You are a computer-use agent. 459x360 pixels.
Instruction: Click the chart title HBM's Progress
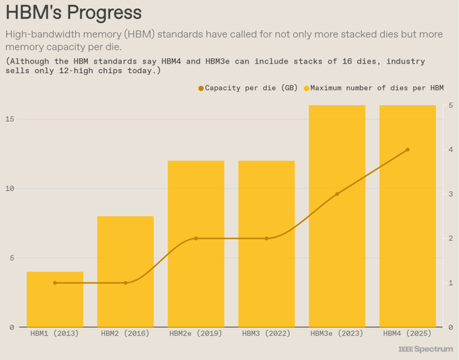pyautogui.click(x=73, y=13)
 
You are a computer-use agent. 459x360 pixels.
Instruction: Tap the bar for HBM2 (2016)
pyautogui.click(x=125, y=271)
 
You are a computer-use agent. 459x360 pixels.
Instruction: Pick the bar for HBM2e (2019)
pyautogui.click(x=196, y=244)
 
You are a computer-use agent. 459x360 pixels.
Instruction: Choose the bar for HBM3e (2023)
pyautogui.click(x=337, y=216)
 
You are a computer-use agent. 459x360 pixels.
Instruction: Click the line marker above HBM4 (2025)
pyautogui.click(x=408, y=150)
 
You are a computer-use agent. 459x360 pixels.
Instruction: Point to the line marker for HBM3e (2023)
pyautogui.click(x=337, y=194)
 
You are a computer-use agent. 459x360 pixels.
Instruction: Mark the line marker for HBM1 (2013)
pyautogui.click(x=55, y=283)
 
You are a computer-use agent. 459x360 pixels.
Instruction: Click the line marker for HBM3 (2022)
pyautogui.click(x=267, y=239)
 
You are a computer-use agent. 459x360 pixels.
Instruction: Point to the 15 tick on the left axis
pyautogui.click(x=11, y=119)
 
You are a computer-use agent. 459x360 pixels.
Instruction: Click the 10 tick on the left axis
pyautogui.click(x=11, y=188)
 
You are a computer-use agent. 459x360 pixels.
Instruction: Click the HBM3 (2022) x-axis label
pyautogui.click(x=267, y=334)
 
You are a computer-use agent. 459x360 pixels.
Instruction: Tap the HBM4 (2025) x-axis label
pyautogui.click(x=408, y=334)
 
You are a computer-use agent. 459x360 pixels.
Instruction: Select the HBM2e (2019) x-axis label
pyautogui.click(x=196, y=334)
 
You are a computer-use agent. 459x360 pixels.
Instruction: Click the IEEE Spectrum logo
pyautogui.click(x=425, y=349)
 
